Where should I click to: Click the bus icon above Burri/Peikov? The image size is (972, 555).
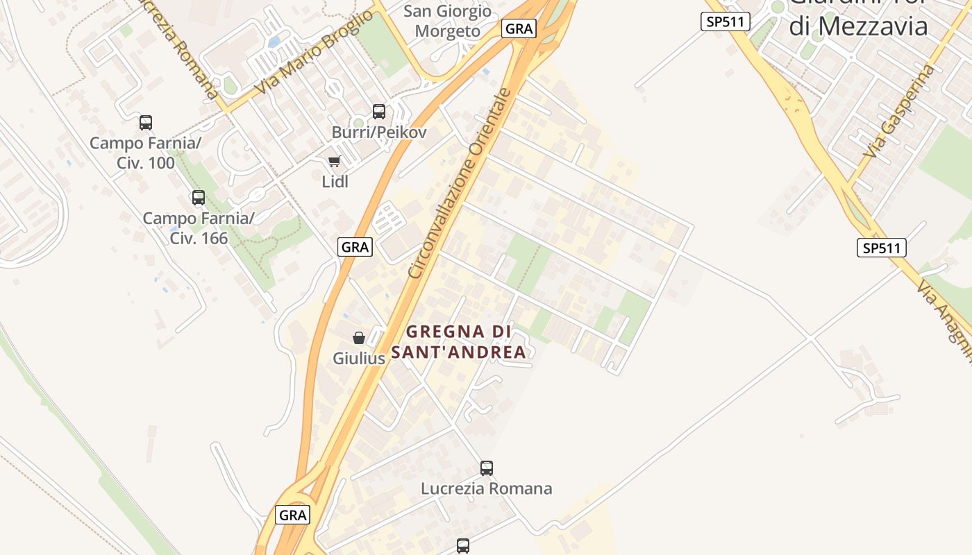379,111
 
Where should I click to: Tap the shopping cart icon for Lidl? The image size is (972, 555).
335,162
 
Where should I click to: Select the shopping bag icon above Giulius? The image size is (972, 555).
359,338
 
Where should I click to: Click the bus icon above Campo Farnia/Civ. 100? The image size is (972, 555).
146,123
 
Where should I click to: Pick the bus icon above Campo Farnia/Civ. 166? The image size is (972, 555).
199,198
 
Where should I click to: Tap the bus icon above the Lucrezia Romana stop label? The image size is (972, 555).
487,468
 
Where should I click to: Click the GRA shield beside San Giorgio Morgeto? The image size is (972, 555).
519,28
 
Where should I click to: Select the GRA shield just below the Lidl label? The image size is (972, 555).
355,246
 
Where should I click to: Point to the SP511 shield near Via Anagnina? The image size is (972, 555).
882,248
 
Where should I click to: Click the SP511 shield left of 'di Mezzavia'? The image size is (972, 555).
726,22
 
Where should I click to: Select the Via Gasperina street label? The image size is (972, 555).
900,111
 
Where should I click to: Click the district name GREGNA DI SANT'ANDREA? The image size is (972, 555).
458,342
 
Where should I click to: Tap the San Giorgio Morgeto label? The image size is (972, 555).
447,21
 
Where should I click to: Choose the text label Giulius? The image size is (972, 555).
359,359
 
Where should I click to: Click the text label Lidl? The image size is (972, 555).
335,182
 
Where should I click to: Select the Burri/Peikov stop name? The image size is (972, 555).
379,132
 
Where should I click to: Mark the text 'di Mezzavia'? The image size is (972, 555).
859,26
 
